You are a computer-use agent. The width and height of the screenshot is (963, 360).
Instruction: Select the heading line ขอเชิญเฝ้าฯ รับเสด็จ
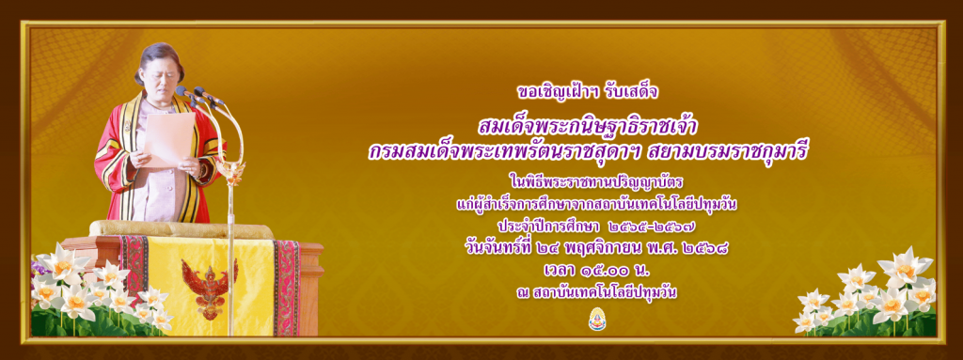point(589,92)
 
